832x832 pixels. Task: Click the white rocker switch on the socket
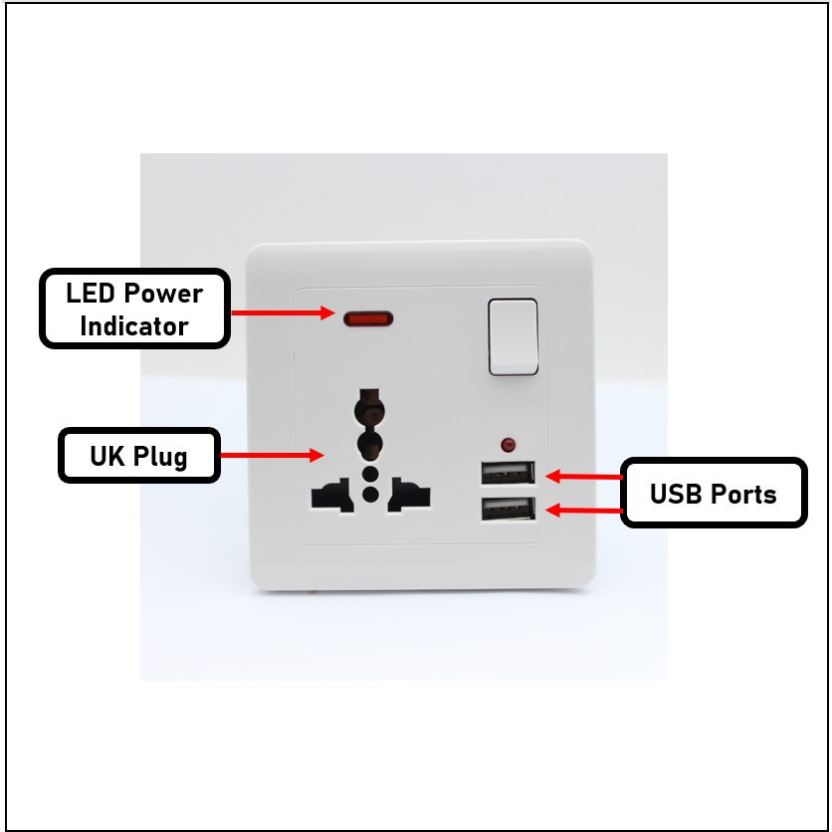coord(514,336)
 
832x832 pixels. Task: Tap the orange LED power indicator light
coord(369,319)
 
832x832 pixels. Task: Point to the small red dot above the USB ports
coord(509,443)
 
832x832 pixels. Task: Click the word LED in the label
coord(91,294)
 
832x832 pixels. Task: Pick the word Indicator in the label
coord(134,326)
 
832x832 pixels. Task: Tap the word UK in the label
coord(106,457)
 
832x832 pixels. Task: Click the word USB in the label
coord(677,494)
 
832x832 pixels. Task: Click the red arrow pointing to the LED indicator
coord(283,312)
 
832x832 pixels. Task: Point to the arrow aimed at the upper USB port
coord(584,476)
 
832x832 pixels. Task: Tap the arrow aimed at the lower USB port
coord(584,511)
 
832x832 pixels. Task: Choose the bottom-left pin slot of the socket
coord(333,494)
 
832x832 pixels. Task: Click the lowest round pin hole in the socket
coord(370,493)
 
